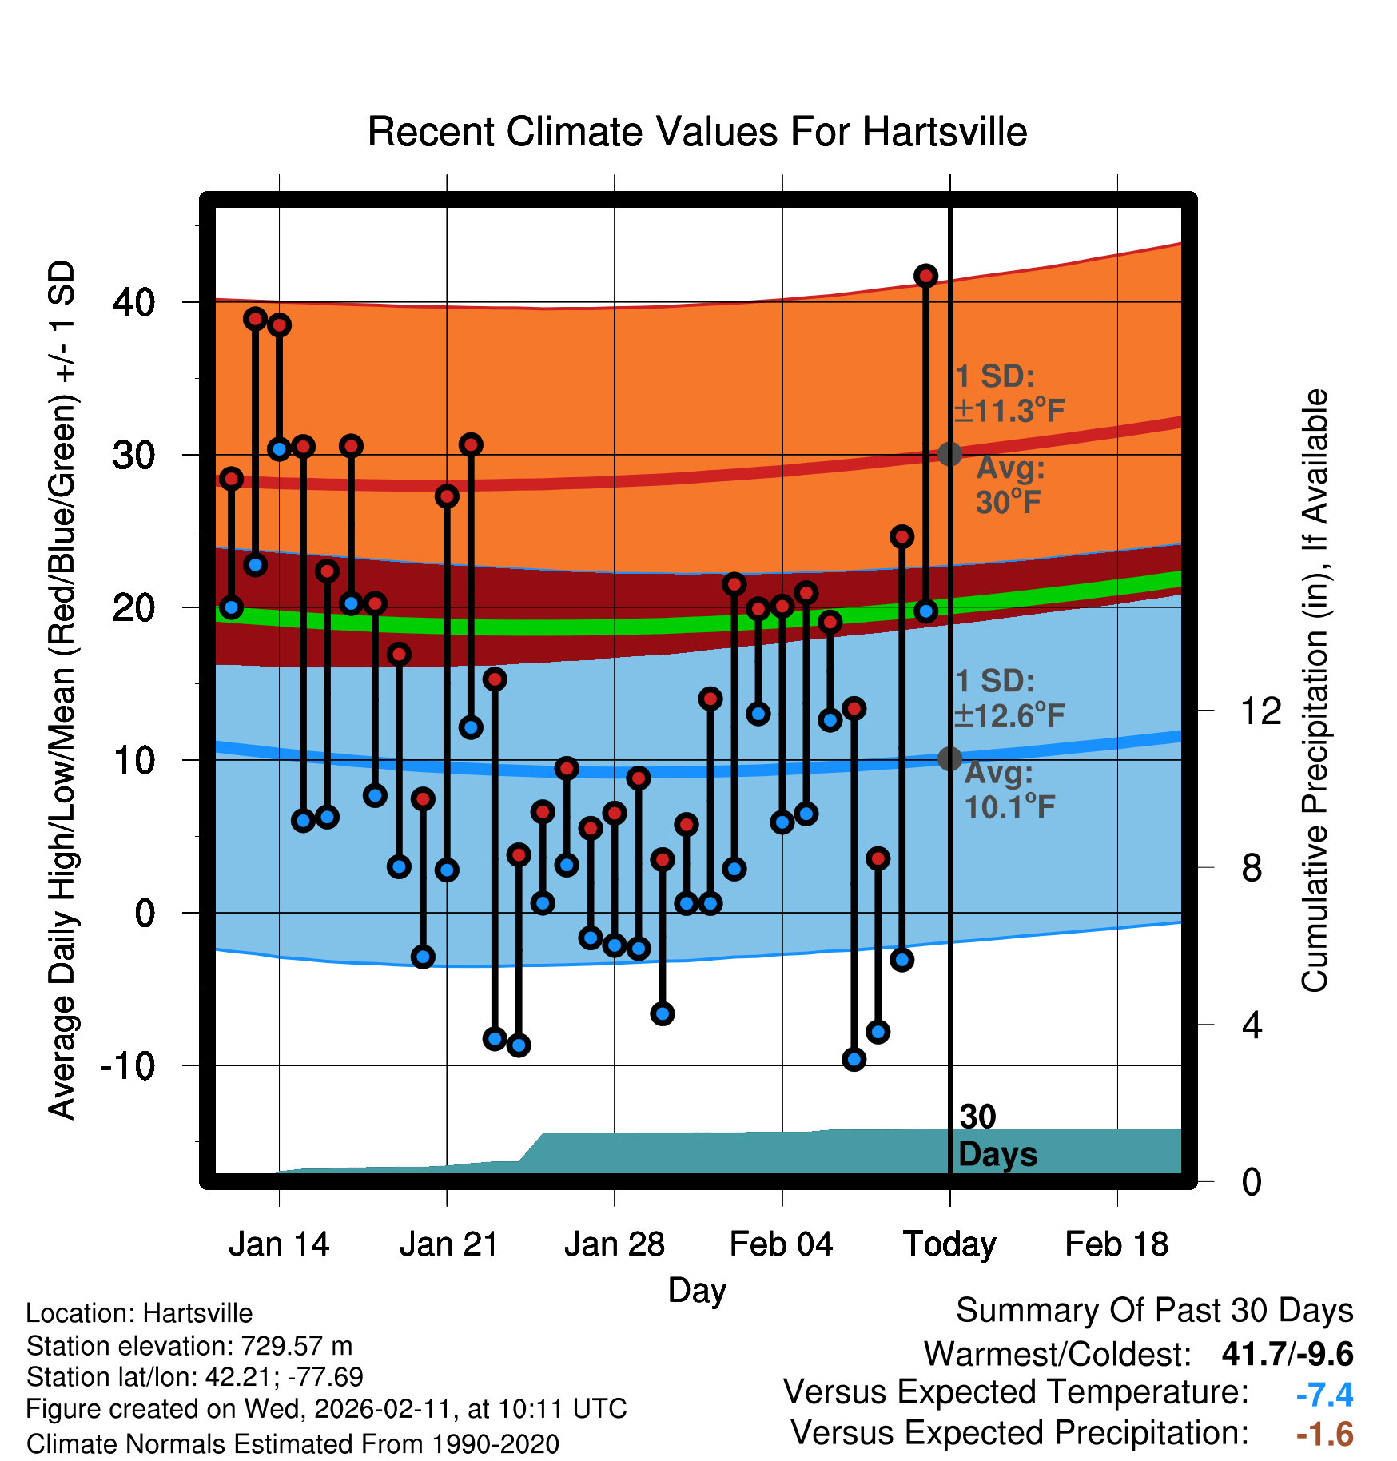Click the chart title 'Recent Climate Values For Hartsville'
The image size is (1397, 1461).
tap(697, 132)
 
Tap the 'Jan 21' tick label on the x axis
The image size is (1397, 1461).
tap(448, 1244)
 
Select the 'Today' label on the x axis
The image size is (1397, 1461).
tap(949, 1244)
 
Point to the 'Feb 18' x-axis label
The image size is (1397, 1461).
tap(1116, 1244)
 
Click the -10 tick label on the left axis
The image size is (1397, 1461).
tap(128, 1065)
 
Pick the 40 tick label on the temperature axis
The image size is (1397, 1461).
tap(134, 303)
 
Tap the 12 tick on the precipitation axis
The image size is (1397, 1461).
tap(1261, 711)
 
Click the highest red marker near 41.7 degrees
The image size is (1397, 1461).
tap(925, 276)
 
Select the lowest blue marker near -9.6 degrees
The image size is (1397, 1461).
tap(854, 1060)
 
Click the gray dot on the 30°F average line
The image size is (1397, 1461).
tap(949, 454)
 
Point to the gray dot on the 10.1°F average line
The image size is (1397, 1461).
tap(949, 758)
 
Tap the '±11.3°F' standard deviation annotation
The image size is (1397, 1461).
tap(1009, 411)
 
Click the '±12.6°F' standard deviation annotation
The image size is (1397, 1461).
tap(1009, 715)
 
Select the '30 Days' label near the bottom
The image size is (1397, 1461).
tap(997, 1136)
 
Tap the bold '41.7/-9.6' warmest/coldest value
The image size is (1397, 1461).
tap(1287, 1355)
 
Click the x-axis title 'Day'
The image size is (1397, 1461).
tap(697, 1290)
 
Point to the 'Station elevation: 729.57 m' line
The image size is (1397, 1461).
tap(189, 1346)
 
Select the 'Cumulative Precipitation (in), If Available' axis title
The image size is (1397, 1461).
tap(1315, 691)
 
